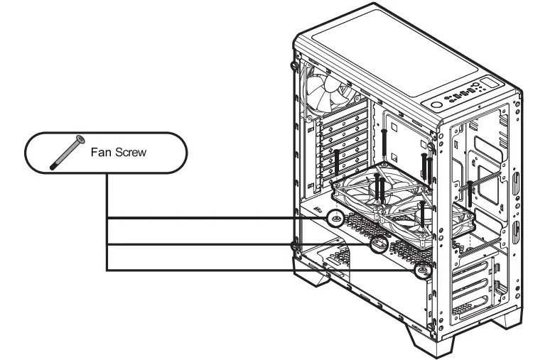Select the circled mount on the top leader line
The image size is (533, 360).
tap(335, 219)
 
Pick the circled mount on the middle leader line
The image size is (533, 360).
tap(379, 245)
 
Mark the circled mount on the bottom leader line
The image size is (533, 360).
tap(424, 270)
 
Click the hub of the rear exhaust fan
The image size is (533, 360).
tap(327, 93)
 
